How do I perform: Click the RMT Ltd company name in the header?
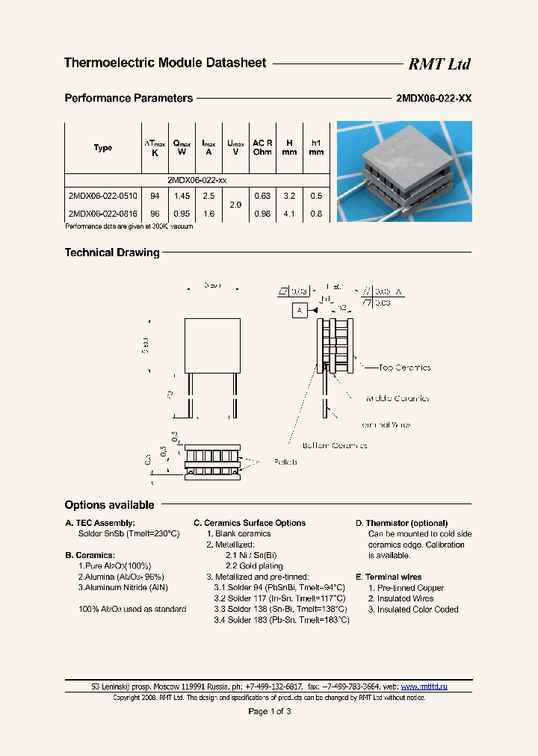tap(439, 64)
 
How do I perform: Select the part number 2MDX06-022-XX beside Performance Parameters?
tap(433, 99)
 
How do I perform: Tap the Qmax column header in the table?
tap(182, 147)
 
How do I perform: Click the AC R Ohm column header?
tap(262, 147)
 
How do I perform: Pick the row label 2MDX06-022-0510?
tap(102, 196)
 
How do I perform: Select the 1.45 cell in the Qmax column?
tap(182, 196)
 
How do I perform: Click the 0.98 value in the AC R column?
tap(262, 214)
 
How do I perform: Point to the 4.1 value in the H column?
tap(290, 214)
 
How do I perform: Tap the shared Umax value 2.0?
tap(235, 205)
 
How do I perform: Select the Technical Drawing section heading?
tap(112, 252)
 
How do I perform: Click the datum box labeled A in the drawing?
tap(300, 310)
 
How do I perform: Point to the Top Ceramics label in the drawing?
tap(404, 368)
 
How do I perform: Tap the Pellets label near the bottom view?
tap(284, 462)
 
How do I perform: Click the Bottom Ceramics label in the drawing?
tap(334, 445)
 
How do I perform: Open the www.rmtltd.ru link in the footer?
tap(424, 686)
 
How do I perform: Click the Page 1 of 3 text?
tap(269, 711)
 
